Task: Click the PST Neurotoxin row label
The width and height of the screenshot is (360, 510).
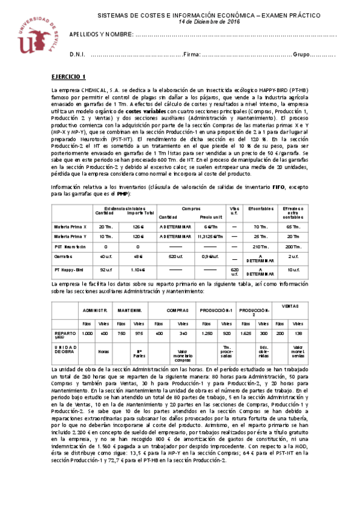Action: click(x=72, y=246)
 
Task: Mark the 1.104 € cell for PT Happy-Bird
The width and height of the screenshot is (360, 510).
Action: click(x=137, y=271)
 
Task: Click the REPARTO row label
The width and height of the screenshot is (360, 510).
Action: click(x=65, y=334)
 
